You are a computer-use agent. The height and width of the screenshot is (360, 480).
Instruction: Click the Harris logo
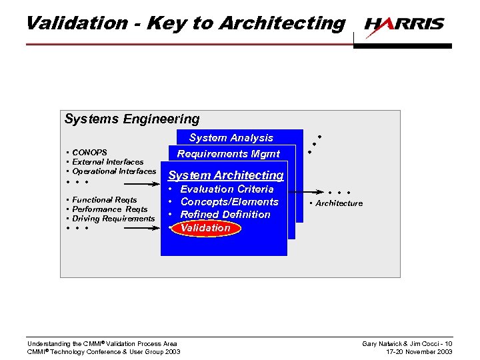tap(404, 25)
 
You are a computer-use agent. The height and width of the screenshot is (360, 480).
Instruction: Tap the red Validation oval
tap(205, 228)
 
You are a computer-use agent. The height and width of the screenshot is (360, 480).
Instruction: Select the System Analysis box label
tap(231, 138)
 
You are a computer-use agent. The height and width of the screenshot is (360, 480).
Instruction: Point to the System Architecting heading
tap(226, 175)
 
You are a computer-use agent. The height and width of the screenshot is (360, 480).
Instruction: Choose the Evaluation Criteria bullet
tap(227, 189)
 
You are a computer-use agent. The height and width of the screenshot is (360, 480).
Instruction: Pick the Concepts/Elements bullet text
tap(229, 202)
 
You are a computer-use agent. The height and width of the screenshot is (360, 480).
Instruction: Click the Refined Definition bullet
tap(225, 215)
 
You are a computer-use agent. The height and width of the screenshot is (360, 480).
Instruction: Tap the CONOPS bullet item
tap(89, 152)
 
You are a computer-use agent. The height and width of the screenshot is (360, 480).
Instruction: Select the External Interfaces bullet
tap(107, 161)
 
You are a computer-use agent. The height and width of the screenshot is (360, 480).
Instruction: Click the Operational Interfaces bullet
tap(114, 171)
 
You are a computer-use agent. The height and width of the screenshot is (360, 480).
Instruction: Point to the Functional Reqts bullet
tap(104, 199)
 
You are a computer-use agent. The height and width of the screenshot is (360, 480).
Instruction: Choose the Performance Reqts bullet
tap(109, 209)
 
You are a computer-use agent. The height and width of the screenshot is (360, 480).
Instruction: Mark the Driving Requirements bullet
tap(113, 218)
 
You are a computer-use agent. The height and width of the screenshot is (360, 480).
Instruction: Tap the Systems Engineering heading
tap(132, 119)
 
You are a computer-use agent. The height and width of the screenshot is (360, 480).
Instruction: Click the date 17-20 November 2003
tap(419, 351)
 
